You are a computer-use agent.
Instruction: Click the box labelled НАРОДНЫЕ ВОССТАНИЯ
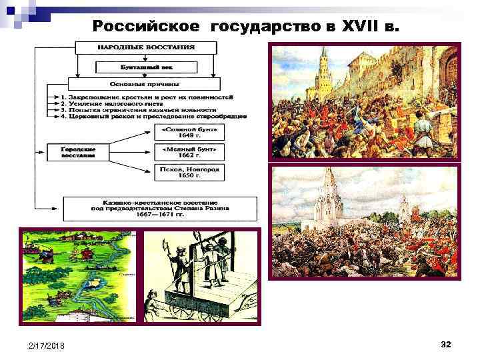(x=147, y=48)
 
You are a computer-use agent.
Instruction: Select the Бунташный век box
(x=147, y=67)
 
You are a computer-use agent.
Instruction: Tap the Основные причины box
(x=147, y=85)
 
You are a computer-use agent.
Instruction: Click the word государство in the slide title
(x=274, y=27)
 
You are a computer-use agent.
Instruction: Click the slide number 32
(x=446, y=344)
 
